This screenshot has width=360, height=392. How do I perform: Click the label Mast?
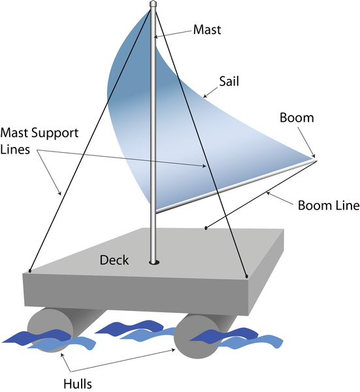tap(207, 29)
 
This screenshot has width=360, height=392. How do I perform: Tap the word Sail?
tap(229, 81)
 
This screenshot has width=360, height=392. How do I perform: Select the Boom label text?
tap(297, 118)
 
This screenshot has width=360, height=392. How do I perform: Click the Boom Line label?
tap(329, 205)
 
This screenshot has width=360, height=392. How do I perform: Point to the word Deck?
tap(114, 260)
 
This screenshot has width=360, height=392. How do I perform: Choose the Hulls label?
tap(78, 384)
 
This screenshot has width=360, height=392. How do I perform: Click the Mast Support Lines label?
tap(39, 141)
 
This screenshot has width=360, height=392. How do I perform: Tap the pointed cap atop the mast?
tap(153, 4)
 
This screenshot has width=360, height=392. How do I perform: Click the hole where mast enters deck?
tap(154, 262)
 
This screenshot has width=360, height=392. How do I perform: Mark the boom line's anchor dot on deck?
tap(206, 228)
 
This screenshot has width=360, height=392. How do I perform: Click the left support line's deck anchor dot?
tap(30, 270)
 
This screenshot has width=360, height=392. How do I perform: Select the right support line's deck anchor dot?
tap(246, 276)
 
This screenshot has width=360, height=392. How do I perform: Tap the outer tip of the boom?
tap(316, 160)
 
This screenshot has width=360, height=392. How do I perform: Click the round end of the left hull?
tap(50, 330)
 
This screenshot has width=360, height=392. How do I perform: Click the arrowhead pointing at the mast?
tap(155, 37)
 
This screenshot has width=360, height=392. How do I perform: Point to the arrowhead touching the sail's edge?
tap(205, 96)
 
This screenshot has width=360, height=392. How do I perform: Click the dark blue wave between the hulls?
tap(129, 327)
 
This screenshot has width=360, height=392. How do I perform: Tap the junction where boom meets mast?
tap(156, 212)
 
